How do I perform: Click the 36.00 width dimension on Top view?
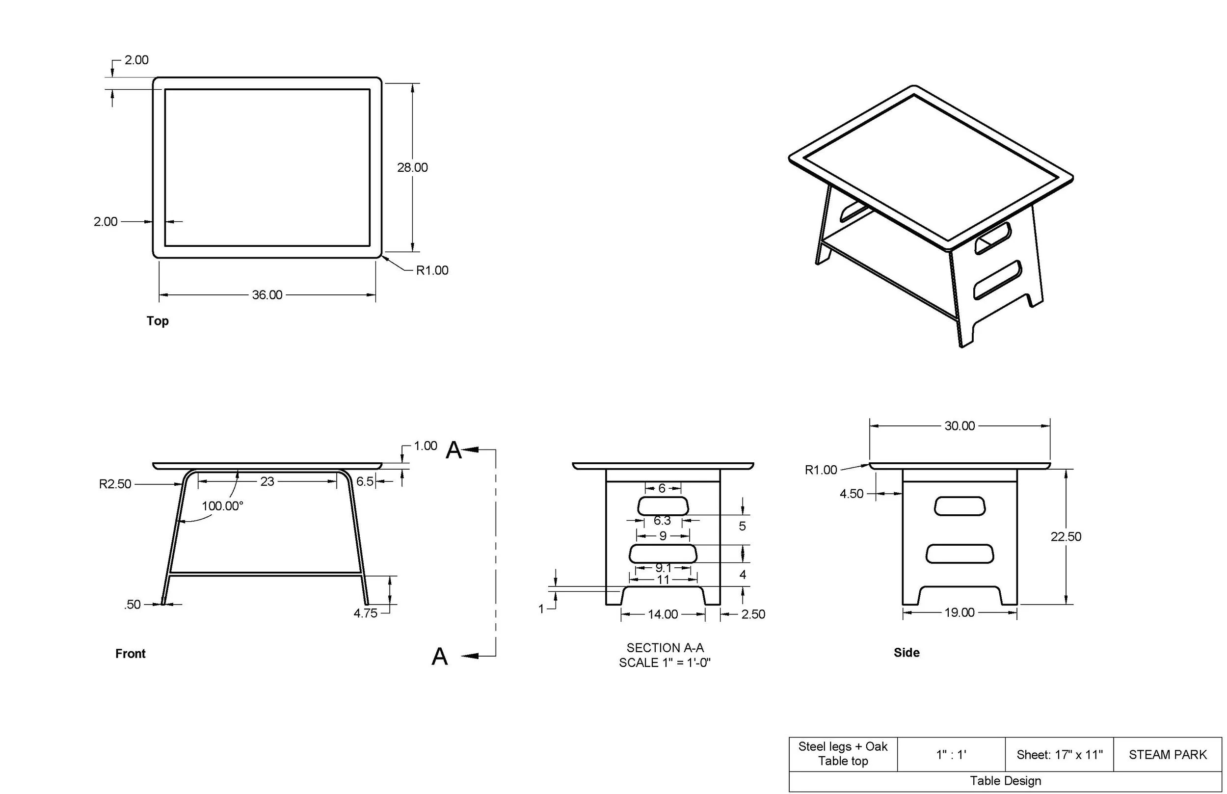click(x=267, y=295)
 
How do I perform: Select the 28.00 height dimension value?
click(x=412, y=167)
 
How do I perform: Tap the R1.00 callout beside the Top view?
click(x=432, y=271)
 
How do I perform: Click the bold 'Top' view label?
click(x=157, y=321)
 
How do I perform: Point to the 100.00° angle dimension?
click(x=222, y=506)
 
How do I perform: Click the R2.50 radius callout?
click(x=115, y=484)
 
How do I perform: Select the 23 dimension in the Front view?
click(x=267, y=481)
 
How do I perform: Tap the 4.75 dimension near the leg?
click(x=365, y=613)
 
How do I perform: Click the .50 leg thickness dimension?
click(x=133, y=604)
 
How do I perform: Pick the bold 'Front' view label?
click(x=131, y=654)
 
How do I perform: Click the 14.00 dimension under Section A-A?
click(x=663, y=614)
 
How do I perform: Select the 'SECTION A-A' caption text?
click(x=665, y=648)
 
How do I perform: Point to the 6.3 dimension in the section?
click(x=663, y=521)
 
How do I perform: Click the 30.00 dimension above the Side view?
click(x=960, y=426)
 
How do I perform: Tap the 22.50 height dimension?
click(x=1066, y=537)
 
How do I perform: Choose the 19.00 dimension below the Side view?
click(x=960, y=612)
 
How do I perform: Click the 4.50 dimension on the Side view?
click(x=851, y=494)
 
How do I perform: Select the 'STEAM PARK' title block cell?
click(x=1168, y=755)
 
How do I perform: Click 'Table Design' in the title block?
click(x=1005, y=781)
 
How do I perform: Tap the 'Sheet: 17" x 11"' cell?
click(x=1060, y=755)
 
